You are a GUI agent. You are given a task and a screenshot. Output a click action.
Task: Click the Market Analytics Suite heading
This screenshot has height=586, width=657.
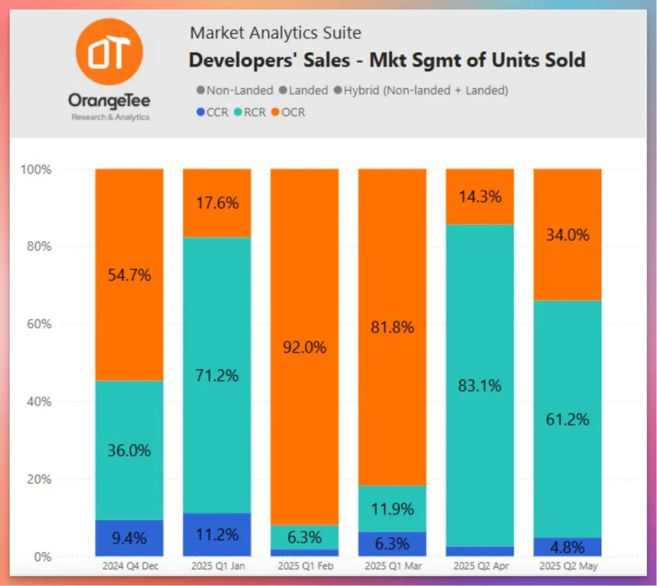[x=276, y=32]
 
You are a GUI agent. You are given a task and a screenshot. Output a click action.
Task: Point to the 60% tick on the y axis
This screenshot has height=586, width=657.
[x=38, y=323]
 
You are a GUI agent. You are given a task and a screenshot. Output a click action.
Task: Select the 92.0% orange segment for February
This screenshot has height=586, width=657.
[x=304, y=347]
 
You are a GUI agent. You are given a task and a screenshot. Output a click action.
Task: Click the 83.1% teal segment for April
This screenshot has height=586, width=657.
[x=479, y=386]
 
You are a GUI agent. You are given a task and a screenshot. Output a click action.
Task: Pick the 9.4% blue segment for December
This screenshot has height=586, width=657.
[x=129, y=537]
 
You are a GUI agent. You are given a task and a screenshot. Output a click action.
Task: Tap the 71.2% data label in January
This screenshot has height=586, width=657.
[x=217, y=375]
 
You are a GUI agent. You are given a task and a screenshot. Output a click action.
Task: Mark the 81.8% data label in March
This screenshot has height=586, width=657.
[x=392, y=327]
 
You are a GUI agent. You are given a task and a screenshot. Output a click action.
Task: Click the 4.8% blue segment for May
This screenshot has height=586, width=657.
[x=567, y=547]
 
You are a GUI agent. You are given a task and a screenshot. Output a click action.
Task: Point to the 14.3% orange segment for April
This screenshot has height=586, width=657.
[x=479, y=196]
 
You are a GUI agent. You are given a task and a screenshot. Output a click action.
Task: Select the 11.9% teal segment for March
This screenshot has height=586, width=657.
[x=392, y=508]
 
